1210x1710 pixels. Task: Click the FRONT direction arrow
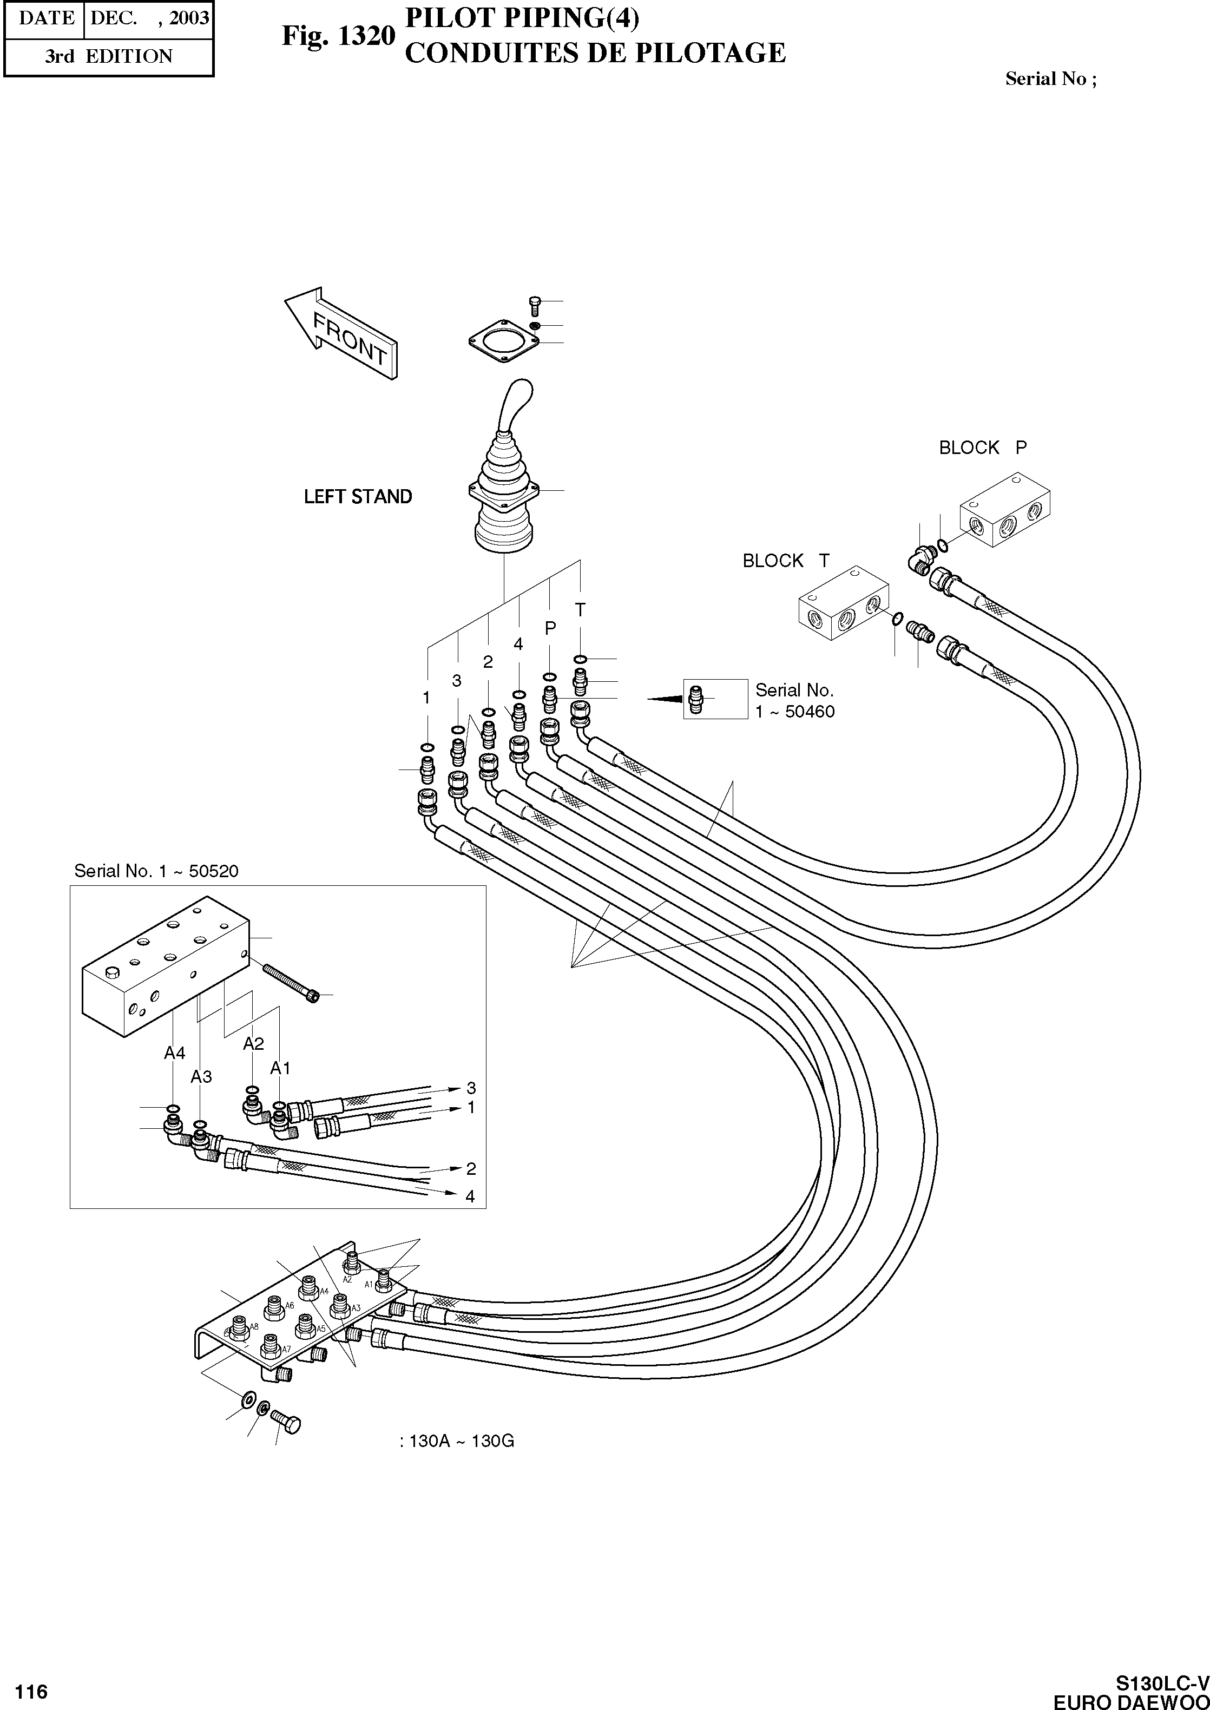click(x=342, y=334)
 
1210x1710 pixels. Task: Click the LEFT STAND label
click(x=358, y=497)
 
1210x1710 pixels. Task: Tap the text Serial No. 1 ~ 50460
click(x=794, y=700)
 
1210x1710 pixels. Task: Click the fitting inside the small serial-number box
click(x=696, y=699)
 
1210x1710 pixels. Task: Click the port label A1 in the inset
click(x=280, y=1068)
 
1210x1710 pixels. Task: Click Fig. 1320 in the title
click(x=338, y=35)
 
